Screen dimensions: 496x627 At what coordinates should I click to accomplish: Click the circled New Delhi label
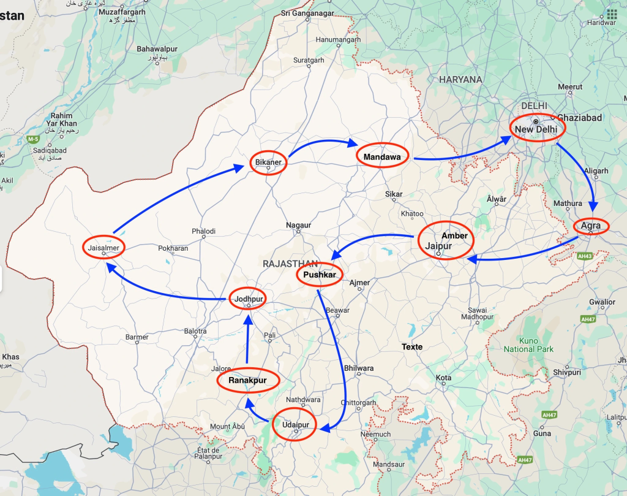536,129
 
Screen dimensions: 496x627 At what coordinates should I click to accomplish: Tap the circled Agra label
591,226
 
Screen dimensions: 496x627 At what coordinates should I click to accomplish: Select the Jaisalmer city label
103,247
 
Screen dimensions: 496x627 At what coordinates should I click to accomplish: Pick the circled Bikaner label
268,162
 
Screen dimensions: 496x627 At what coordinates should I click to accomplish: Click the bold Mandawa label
382,157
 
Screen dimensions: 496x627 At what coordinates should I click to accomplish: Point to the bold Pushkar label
319,275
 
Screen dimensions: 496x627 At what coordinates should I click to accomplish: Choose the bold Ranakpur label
247,381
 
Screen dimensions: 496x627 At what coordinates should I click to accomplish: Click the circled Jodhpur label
248,299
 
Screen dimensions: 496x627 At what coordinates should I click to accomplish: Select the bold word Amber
454,235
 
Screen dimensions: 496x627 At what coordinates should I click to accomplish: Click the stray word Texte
412,346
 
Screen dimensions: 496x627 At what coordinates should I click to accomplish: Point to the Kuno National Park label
528,345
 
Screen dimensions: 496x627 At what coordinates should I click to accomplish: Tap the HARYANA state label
460,79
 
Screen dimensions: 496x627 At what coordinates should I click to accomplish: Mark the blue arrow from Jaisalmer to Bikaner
178,199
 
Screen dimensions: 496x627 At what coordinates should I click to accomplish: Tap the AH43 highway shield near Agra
585,256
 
